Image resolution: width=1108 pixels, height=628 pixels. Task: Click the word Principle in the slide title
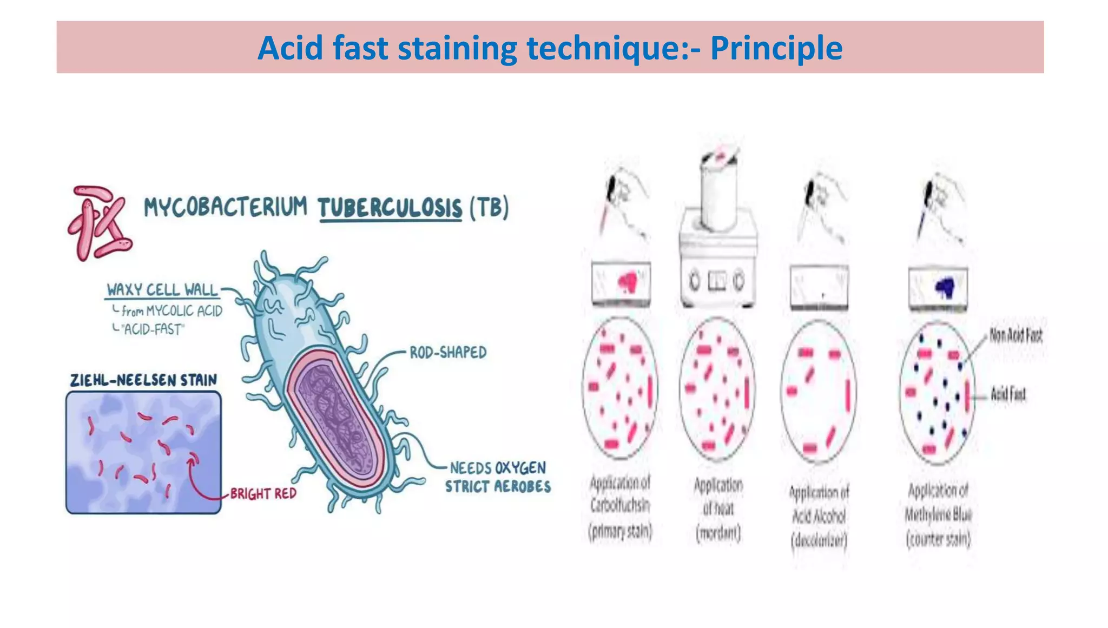coord(776,48)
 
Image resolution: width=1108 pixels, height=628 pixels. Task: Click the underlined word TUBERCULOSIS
coord(390,208)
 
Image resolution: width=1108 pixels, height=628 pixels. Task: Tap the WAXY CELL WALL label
coord(162,290)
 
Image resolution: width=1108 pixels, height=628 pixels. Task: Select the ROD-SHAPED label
coord(448,353)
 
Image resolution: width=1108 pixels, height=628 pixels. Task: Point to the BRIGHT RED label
coord(263,493)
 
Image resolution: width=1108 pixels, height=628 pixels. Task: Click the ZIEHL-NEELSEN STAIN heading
coord(143,380)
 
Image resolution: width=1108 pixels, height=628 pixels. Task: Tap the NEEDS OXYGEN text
coord(498,468)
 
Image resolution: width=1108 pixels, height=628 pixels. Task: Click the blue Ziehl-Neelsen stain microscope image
coord(143,452)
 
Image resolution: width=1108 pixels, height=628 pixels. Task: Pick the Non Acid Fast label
coord(1015,335)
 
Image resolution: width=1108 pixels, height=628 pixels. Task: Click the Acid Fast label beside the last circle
coord(1008,394)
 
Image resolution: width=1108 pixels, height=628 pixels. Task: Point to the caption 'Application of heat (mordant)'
coord(718,509)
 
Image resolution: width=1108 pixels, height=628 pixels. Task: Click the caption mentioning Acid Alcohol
coord(819,516)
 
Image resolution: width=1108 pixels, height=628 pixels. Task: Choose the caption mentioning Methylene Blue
coord(938,514)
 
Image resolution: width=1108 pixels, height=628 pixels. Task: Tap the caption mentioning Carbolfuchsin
coord(621,506)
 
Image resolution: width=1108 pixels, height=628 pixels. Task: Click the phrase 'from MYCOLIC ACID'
coord(172,311)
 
